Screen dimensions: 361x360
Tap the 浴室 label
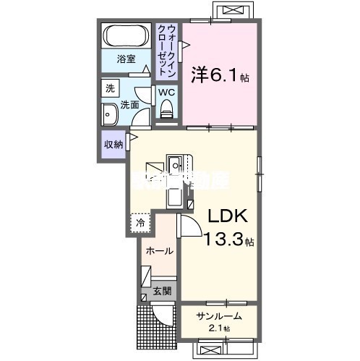click(127, 59)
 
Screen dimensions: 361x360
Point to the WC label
click(166, 92)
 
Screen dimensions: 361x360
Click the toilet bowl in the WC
click(167, 109)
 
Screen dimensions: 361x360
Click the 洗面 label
click(129, 104)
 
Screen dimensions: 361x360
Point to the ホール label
click(159, 251)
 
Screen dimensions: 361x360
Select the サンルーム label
click(219, 315)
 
